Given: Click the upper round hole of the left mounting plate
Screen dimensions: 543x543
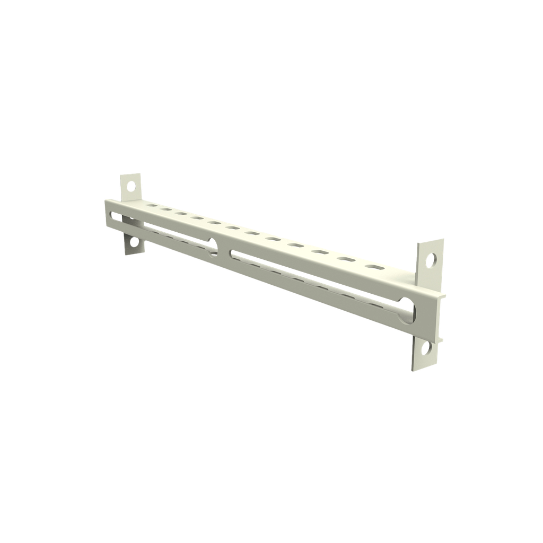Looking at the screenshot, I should click(130, 186).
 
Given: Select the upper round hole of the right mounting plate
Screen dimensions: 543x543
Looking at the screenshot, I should click(432, 260).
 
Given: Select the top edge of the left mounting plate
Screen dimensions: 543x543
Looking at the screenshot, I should click(130, 173).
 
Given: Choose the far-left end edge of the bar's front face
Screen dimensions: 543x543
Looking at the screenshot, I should click(106, 214).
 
